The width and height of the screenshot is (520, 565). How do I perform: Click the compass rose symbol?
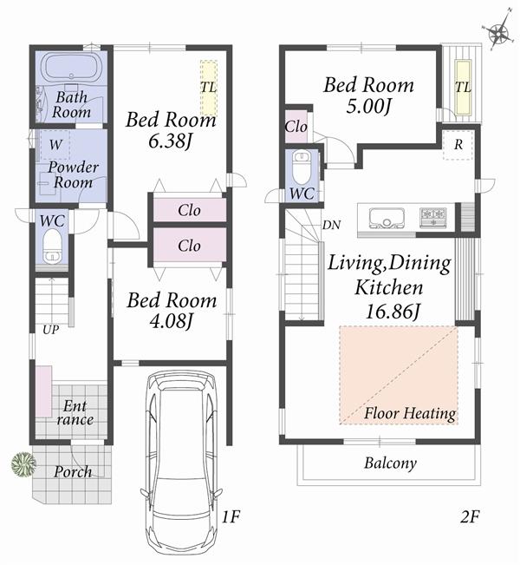coord(497,34)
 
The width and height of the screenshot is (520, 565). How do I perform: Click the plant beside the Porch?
coord(23,464)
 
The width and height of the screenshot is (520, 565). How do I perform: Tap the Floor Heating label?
coord(410,413)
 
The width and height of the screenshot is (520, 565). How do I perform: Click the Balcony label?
coord(389,463)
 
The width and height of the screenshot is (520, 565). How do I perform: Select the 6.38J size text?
coord(158,141)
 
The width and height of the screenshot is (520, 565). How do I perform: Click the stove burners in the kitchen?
coord(432,216)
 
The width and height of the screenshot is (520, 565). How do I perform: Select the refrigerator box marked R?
coord(457,146)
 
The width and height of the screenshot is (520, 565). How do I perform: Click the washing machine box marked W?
coord(55,143)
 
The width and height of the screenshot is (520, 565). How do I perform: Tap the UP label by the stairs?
coord(40,330)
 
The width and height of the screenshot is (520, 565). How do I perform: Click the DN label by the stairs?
coord(330,225)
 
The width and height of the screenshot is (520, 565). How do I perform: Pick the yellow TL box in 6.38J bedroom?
coord(208,88)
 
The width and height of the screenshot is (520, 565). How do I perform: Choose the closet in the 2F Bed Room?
coord(296,127)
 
